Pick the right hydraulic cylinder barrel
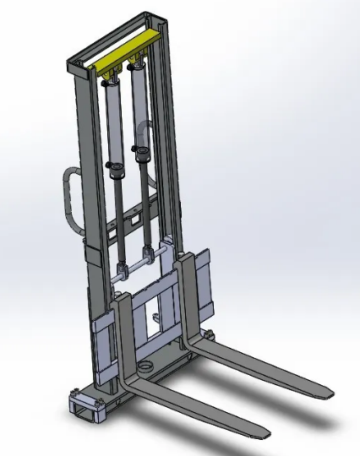[139, 110]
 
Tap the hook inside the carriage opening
[157, 318]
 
